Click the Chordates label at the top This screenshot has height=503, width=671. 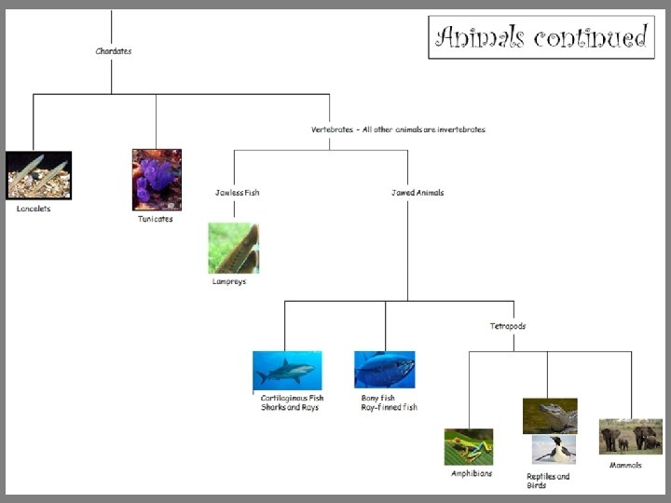click(113, 51)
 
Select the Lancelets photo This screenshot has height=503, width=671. click(38, 175)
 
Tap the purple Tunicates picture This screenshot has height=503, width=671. click(157, 179)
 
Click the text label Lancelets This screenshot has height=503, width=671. click(34, 209)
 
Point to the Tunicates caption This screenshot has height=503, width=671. click(156, 219)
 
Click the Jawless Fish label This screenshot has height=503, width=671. click(237, 193)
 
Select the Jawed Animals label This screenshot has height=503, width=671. click(418, 193)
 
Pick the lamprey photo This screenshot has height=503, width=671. click(233, 248)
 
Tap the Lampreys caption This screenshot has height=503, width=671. click(229, 281)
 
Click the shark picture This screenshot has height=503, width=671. click(287, 371)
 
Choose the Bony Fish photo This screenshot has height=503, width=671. click(384, 370)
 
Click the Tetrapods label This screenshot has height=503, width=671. click(508, 326)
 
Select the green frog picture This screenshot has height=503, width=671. click(468, 447)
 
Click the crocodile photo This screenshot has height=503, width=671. click(550, 415)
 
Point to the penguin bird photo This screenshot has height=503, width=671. click(554, 450)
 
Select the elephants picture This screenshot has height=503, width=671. click(631, 436)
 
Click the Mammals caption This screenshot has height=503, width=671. click(625, 464)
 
